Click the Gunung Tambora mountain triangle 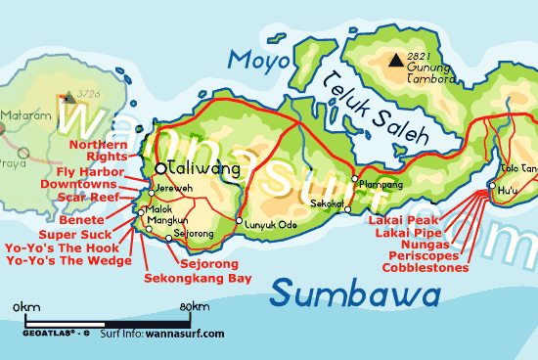[x=394, y=62]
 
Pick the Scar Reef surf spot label [x=88, y=197]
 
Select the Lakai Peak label [x=410, y=220]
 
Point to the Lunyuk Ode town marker [x=240, y=222]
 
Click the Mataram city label [x=22, y=114]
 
